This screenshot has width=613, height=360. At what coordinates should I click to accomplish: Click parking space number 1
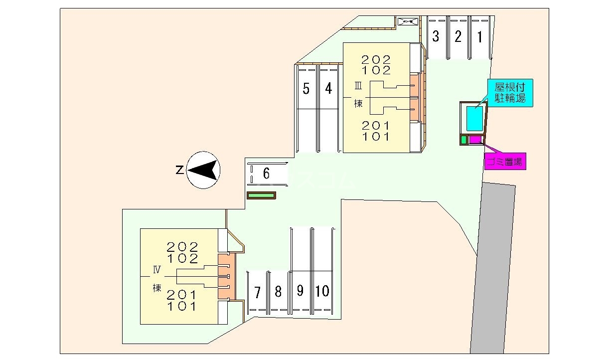(x=479, y=37)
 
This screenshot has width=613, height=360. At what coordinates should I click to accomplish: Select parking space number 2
(x=458, y=37)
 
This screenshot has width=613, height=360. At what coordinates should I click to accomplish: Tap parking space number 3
(x=436, y=37)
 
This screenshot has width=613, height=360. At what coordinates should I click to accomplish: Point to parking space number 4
(x=328, y=89)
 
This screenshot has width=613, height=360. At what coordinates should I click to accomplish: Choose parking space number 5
(x=306, y=89)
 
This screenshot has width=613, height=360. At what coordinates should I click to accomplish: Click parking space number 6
(x=267, y=174)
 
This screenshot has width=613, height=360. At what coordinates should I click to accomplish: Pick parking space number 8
(x=278, y=292)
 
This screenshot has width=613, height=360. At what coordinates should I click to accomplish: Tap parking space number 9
(x=300, y=291)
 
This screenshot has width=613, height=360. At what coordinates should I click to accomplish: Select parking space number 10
(x=322, y=291)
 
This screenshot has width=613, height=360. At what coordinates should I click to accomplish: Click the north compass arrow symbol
(x=203, y=171)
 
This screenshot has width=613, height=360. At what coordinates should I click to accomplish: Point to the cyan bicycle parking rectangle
(x=474, y=119)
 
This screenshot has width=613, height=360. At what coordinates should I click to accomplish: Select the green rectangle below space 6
(x=261, y=195)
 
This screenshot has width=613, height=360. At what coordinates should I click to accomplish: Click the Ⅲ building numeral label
(x=358, y=86)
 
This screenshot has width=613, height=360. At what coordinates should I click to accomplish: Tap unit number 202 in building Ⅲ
(x=377, y=59)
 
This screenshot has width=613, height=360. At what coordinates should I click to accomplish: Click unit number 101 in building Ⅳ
(x=182, y=306)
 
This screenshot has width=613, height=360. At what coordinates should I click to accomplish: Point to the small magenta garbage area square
(x=474, y=140)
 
